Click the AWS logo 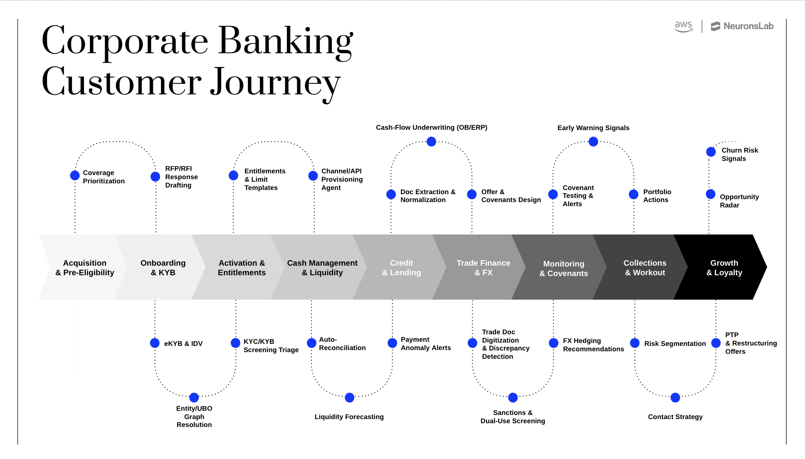tap(683, 26)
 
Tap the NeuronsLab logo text tap(748, 26)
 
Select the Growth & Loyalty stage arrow tap(724, 268)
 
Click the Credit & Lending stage tap(401, 268)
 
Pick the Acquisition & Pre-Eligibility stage tap(84, 268)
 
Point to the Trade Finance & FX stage tap(483, 268)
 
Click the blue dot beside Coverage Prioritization tap(75, 175)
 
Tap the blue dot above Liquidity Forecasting tap(350, 397)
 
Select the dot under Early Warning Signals tap(593, 142)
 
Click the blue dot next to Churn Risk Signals tap(711, 152)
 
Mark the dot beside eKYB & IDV tap(155, 343)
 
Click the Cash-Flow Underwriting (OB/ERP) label tap(432, 128)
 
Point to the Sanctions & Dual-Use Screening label tap(513, 417)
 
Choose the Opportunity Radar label tap(739, 201)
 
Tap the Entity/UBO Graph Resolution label tap(194, 417)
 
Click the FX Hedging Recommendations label tap(593, 345)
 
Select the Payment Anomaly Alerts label tap(425, 343)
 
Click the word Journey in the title tap(275, 82)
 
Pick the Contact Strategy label tap(675, 417)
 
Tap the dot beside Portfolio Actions tap(634, 194)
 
